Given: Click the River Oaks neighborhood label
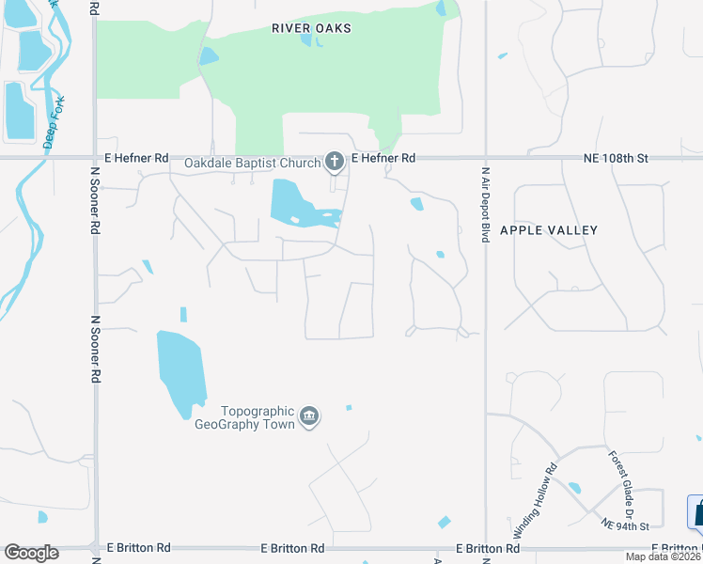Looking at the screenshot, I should (311, 28).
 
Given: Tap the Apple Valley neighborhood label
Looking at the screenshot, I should (549, 229).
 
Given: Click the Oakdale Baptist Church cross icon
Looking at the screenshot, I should (334, 163).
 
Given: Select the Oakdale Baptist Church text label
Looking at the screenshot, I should (252, 163).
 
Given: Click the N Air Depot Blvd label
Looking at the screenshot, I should (486, 205).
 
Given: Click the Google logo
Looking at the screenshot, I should (31, 553).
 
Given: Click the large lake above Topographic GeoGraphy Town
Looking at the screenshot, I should (180, 368).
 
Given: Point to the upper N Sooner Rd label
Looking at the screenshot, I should (95, 201).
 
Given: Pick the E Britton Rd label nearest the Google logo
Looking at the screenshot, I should (138, 547).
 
